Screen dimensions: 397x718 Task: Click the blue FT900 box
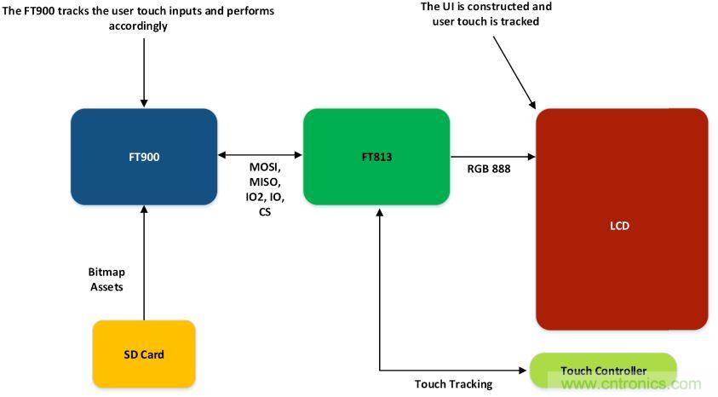coord(144,157)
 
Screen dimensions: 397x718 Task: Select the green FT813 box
coord(376,157)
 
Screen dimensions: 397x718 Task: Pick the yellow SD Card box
coord(144,354)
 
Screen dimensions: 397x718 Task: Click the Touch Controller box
coord(603,371)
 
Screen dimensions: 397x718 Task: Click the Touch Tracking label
coord(453,384)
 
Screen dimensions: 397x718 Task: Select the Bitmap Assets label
coord(106,279)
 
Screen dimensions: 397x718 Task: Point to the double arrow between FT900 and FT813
coord(260,155)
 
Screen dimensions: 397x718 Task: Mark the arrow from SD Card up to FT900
coord(144,264)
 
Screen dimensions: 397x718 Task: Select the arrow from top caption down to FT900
coord(144,68)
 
